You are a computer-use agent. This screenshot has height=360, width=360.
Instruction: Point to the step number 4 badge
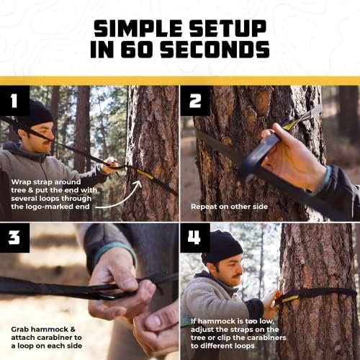pyautogui.click(x=195, y=238)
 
